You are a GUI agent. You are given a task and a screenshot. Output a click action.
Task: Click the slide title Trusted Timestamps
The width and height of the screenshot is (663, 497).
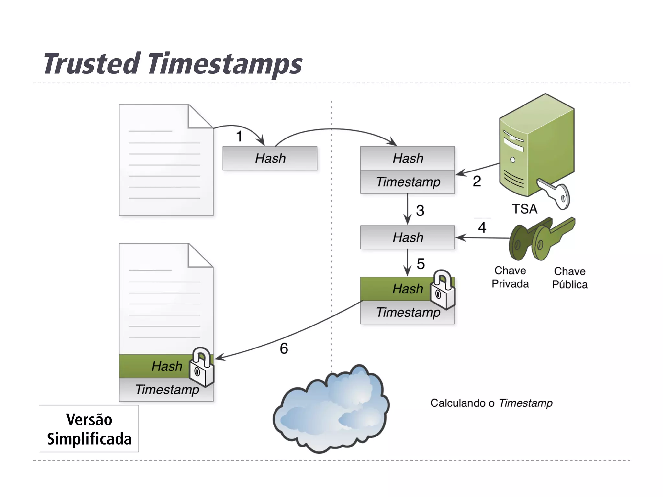point(173,64)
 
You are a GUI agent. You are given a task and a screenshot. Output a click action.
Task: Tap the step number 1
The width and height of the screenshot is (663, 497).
point(239,136)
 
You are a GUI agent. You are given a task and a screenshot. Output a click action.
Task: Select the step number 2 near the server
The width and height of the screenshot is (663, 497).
point(477,181)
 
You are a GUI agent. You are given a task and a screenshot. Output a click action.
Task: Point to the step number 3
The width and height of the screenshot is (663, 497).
point(420,211)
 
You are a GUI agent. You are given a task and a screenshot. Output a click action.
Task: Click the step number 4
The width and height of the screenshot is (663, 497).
point(482,227)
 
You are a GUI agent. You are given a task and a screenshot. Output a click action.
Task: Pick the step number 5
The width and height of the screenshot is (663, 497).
point(421,264)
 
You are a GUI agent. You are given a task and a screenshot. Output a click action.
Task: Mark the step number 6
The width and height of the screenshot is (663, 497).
point(284,348)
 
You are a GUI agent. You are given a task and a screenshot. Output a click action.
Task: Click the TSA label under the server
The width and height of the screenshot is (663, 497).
point(524,209)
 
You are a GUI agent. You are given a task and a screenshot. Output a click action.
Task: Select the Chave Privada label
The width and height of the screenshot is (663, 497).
point(510,277)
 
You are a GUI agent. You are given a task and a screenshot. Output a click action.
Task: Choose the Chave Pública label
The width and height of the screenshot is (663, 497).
point(570,278)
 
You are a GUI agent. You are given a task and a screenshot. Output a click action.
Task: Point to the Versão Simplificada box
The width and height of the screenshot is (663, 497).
point(89,429)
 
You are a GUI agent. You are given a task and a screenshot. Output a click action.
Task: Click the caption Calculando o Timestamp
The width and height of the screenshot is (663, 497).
point(491,403)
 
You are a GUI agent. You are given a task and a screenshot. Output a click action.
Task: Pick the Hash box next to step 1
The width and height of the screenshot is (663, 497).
point(270,159)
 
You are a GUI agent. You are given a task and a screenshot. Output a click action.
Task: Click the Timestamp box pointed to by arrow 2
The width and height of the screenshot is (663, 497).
point(407,182)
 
